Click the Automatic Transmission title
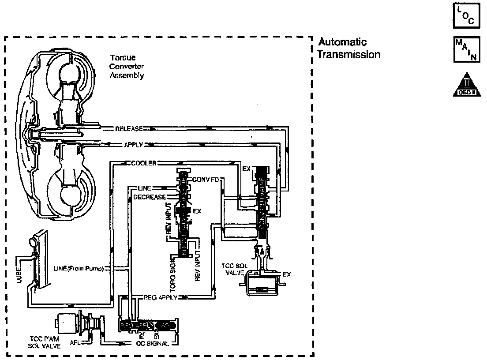pyautogui.click(x=348, y=49)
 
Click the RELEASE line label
pyautogui.click(x=128, y=129)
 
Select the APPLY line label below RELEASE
pyautogui.click(x=132, y=144)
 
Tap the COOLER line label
pyautogui.click(x=144, y=163)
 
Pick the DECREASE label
pyautogui.click(x=149, y=197)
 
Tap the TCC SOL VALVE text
pyautogui.click(x=234, y=270)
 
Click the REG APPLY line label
pyautogui.click(x=160, y=297)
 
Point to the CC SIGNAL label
pyautogui.click(x=152, y=343)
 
